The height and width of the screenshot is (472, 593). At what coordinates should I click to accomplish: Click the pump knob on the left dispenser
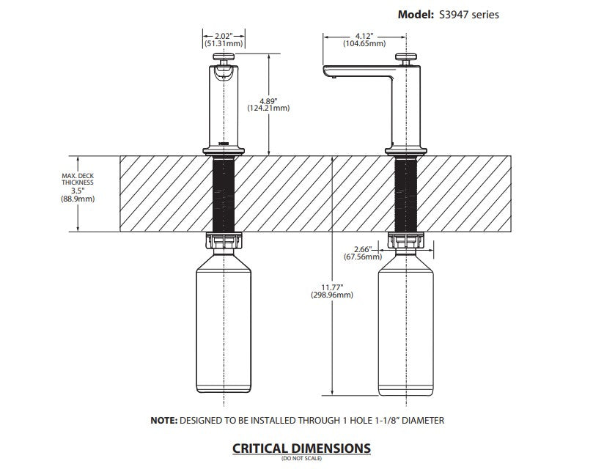223,56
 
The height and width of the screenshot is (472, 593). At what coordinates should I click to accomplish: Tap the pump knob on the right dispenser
406,56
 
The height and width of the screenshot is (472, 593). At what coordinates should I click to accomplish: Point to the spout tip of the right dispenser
328,73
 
